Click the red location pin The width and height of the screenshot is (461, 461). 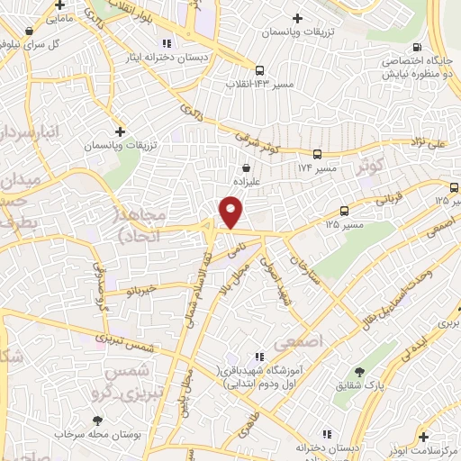tap(231, 212)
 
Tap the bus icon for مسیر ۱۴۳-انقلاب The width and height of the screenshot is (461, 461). tap(259, 70)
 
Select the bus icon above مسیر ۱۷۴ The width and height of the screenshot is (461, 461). tap(317, 154)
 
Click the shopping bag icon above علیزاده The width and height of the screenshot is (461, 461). tap(247, 167)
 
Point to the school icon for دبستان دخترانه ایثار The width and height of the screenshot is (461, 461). tap(165, 43)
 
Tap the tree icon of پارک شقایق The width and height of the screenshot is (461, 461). tap(360, 372)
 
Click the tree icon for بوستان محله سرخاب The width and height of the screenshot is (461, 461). tap(97, 420)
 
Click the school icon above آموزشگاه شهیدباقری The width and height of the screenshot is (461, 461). tap(259, 357)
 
